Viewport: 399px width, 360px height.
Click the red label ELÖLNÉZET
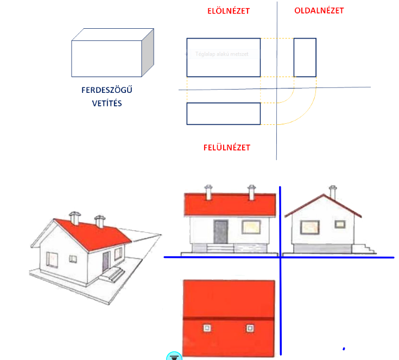tap(229, 11)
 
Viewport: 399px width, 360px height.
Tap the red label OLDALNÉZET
tap(319, 10)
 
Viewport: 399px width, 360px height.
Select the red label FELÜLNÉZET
tap(227, 147)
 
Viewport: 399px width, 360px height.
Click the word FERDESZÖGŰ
tap(106, 90)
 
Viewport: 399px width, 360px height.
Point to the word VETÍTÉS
tap(106, 102)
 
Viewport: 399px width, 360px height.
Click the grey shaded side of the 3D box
tap(148, 52)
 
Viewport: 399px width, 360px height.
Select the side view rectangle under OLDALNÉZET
tap(305, 57)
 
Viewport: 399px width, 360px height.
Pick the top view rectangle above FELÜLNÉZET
tap(223, 113)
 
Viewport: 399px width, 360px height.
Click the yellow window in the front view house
tap(250, 226)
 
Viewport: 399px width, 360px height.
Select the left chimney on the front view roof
tap(208, 191)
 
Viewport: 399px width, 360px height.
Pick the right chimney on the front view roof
tap(251, 191)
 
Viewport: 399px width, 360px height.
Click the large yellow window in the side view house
tap(309, 226)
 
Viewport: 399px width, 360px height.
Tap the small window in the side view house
tap(339, 223)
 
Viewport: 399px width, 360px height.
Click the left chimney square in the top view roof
tap(207, 328)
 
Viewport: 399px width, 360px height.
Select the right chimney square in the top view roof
tap(250, 328)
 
